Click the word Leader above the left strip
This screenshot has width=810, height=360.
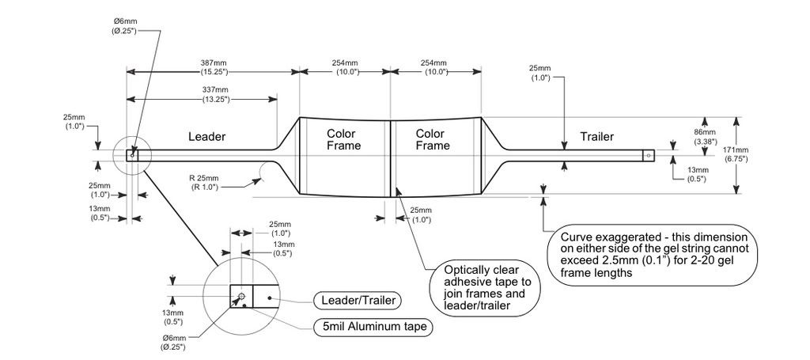(x=206, y=136)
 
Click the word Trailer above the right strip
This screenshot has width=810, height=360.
(x=596, y=136)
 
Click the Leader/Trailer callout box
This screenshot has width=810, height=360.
(x=358, y=300)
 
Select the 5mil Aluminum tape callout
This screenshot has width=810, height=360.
(x=374, y=327)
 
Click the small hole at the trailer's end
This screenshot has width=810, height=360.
(x=649, y=155)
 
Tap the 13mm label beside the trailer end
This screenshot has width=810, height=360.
(x=698, y=174)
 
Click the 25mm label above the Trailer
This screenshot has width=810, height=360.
(x=539, y=72)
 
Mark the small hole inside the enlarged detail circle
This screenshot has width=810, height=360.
(x=240, y=297)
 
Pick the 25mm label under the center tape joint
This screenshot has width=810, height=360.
(x=421, y=215)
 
